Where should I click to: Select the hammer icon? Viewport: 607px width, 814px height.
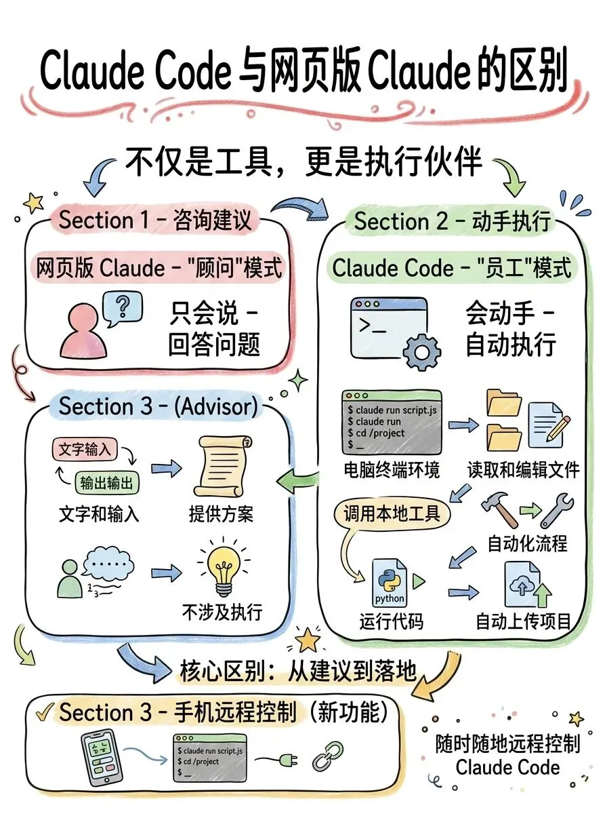[499, 509]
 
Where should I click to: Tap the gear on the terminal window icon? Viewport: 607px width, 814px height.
[421, 351]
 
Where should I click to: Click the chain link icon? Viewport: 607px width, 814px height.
[325, 754]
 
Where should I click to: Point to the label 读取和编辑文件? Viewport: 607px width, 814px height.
[523, 469]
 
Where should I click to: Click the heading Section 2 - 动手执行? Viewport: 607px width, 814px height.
[452, 221]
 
